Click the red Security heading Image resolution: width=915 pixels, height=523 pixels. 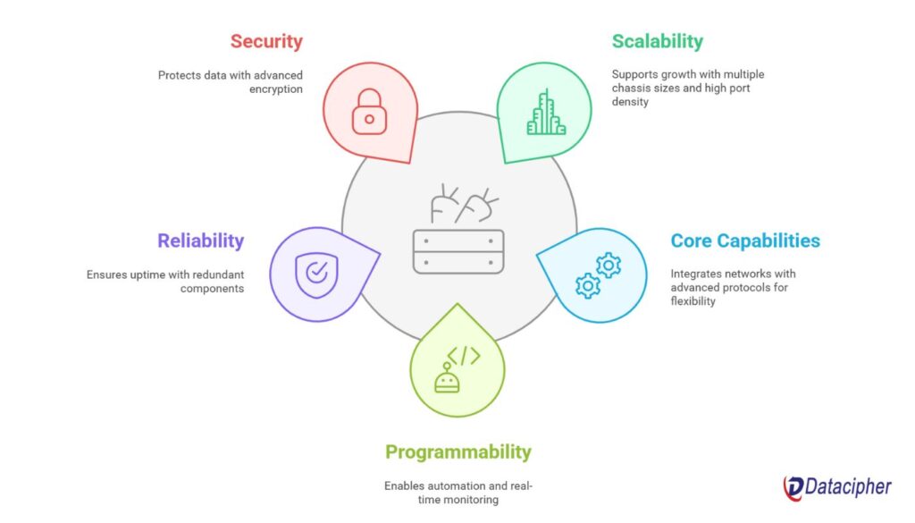pyautogui.click(x=266, y=41)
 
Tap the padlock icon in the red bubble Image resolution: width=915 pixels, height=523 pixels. pyautogui.click(x=369, y=112)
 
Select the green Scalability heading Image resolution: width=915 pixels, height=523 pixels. pyautogui.click(x=657, y=41)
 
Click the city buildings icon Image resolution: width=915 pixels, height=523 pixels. pyautogui.click(x=546, y=113)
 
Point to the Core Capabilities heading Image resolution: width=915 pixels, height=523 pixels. pyautogui.click(x=745, y=240)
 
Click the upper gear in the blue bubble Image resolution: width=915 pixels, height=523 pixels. pyautogui.click(x=609, y=266)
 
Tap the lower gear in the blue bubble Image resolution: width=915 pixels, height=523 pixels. pyautogui.click(x=588, y=285)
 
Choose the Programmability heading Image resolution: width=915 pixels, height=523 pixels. pyautogui.click(x=458, y=451)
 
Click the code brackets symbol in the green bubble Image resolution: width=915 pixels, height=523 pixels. pyautogui.click(x=464, y=356)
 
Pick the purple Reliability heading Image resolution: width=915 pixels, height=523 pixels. pyautogui.click(x=201, y=240)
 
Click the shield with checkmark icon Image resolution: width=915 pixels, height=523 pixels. pyautogui.click(x=317, y=275)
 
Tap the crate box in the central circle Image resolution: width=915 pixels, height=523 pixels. pyautogui.click(x=458, y=251)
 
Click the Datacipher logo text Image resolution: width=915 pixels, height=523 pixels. pyautogui.click(x=848, y=486)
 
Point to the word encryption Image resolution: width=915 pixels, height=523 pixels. pyautogui.click(x=276, y=89)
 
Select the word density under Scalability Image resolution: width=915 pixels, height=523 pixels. pyautogui.click(x=630, y=102)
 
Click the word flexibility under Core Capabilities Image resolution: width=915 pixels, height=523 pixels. pyautogui.click(x=693, y=301)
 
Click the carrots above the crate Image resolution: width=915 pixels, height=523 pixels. pyautogui.click(x=464, y=204)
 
